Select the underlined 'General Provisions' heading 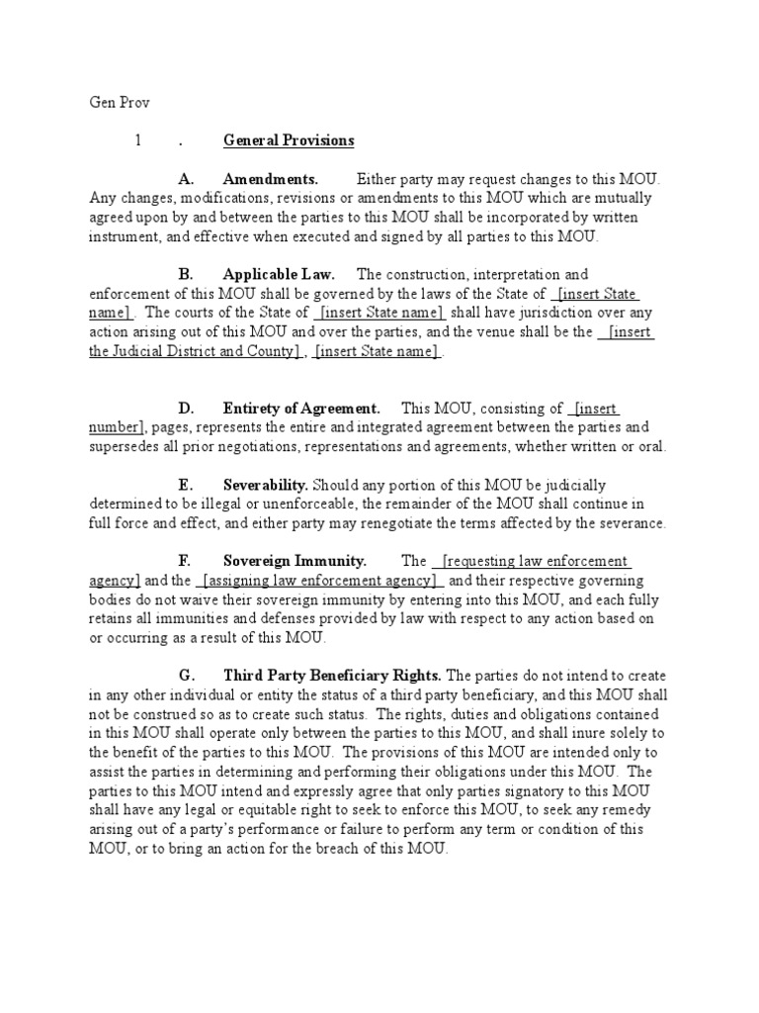tap(288, 140)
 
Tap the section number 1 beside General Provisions tap(139, 140)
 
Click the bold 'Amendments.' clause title tap(271, 180)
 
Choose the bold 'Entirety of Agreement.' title tap(301, 409)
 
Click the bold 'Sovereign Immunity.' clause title tap(295, 561)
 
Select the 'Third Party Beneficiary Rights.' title tap(333, 676)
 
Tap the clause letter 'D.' tap(185, 409)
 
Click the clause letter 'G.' tap(186, 676)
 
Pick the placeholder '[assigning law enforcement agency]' tap(320, 581)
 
